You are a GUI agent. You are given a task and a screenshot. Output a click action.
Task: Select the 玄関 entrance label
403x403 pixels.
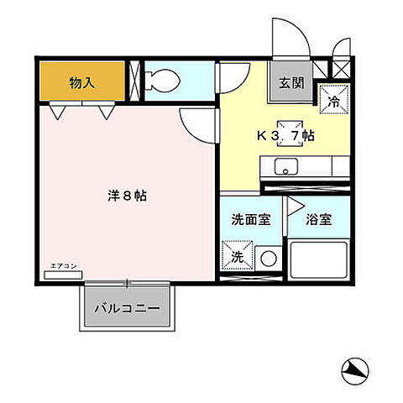tap(292, 83)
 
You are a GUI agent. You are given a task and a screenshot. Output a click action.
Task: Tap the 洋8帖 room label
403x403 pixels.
tap(127, 196)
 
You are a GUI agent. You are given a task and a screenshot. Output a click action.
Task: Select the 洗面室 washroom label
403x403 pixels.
tap(250, 219)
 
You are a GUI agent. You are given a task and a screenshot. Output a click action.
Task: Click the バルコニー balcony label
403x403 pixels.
tap(133, 309)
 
